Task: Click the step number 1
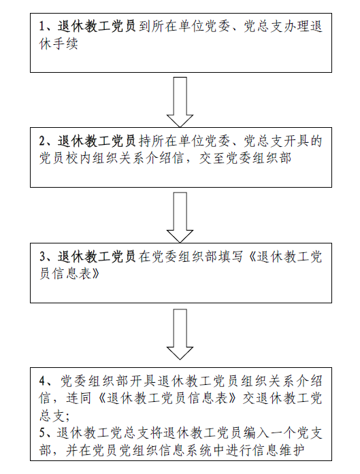[x=42, y=27]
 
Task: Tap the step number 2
[x=42, y=141]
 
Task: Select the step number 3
[x=42, y=257]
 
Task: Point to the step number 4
[x=42, y=382]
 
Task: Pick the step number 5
[x=42, y=433]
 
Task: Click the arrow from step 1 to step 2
[x=180, y=102]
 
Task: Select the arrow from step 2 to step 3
[x=180, y=218]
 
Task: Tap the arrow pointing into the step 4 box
[x=180, y=334]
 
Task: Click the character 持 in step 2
[x=144, y=141]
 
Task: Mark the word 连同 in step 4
[x=78, y=398]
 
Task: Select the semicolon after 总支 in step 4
[x=67, y=418]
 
